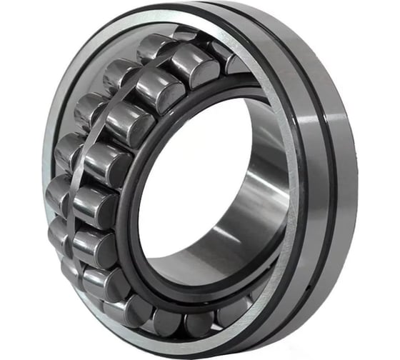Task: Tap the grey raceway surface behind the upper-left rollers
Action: coord(93,79)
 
